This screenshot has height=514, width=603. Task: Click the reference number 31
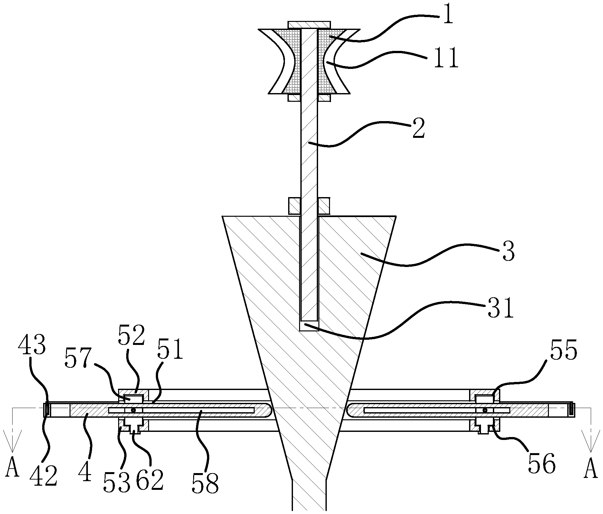[x=500, y=307]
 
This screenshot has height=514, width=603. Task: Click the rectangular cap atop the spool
[x=309, y=25]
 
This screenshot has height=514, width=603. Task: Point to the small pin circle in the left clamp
[x=132, y=410]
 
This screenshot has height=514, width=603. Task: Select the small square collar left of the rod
[x=294, y=206]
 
